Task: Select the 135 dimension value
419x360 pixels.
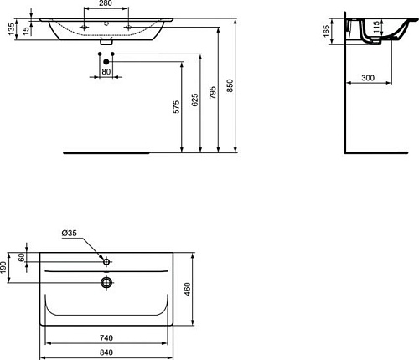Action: click(x=7, y=31)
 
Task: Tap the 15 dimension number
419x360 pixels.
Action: click(x=27, y=31)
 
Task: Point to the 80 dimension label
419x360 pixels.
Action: click(x=106, y=72)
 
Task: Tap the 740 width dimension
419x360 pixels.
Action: click(x=106, y=338)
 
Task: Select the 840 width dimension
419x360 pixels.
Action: click(x=106, y=352)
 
